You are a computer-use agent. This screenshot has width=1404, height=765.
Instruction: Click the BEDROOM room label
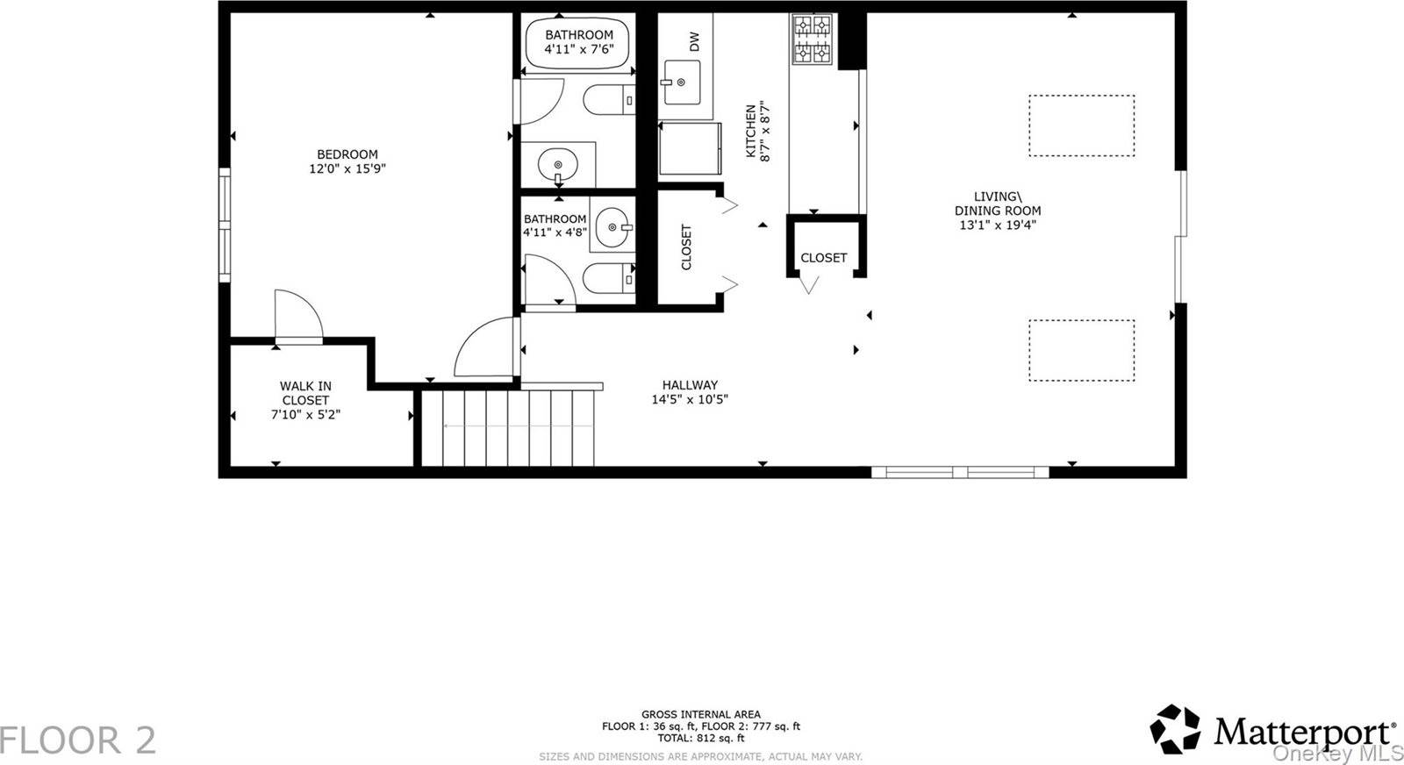[347, 154]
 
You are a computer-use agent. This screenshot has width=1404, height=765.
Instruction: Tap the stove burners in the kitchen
[813, 39]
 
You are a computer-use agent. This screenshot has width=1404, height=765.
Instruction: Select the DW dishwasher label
[694, 42]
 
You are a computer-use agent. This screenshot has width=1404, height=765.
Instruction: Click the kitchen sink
[681, 82]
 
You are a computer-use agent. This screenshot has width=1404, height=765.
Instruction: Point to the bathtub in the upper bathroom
[577, 43]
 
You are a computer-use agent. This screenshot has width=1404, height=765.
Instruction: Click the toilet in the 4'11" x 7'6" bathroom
[609, 100]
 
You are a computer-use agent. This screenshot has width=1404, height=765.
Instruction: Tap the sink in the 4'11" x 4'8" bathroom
[612, 228]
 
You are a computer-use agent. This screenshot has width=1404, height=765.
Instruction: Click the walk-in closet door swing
[299, 316]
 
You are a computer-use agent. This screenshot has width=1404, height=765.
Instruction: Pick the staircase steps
[508, 428]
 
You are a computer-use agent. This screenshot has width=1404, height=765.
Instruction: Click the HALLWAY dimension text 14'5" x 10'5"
[690, 400]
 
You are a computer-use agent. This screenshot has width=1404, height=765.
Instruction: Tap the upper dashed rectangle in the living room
[1081, 125]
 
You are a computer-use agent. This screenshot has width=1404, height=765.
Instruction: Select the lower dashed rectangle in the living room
[1081, 350]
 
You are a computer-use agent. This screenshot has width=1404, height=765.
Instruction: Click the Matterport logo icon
[1175, 729]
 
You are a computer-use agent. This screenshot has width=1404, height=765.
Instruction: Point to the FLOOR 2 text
[78, 740]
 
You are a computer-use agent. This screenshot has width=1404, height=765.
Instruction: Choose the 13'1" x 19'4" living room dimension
[998, 225]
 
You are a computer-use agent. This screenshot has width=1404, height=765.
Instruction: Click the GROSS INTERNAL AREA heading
[701, 714]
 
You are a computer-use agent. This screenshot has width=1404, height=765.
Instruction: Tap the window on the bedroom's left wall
[225, 225]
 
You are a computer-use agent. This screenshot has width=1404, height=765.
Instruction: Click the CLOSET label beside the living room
[824, 258]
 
